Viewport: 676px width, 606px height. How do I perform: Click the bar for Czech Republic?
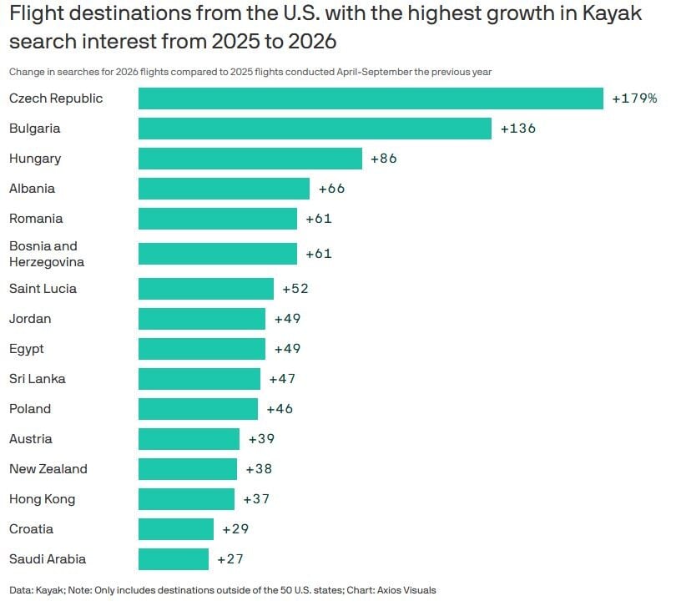[371, 98]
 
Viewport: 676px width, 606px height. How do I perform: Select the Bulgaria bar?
[315, 129]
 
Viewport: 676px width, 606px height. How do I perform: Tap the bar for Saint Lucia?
[205, 289]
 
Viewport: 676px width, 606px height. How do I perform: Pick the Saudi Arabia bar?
[173, 559]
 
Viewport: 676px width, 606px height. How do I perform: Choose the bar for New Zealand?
[187, 469]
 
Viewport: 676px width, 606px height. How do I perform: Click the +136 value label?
[517, 129]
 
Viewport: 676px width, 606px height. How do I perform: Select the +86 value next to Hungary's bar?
[384, 159]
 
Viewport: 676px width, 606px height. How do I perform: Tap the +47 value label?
[282, 379]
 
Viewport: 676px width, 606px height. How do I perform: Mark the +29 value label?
[235, 529]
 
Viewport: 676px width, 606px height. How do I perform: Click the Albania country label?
[32, 189]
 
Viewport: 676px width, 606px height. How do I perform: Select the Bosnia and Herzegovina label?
[46, 254]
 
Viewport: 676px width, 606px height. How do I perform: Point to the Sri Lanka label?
[37, 379]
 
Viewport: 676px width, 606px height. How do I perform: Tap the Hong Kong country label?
[42, 499]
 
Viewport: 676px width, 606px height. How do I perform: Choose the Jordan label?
[29, 319]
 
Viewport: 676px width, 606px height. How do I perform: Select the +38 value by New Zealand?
[259, 469]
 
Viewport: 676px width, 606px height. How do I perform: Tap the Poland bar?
[198, 409]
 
